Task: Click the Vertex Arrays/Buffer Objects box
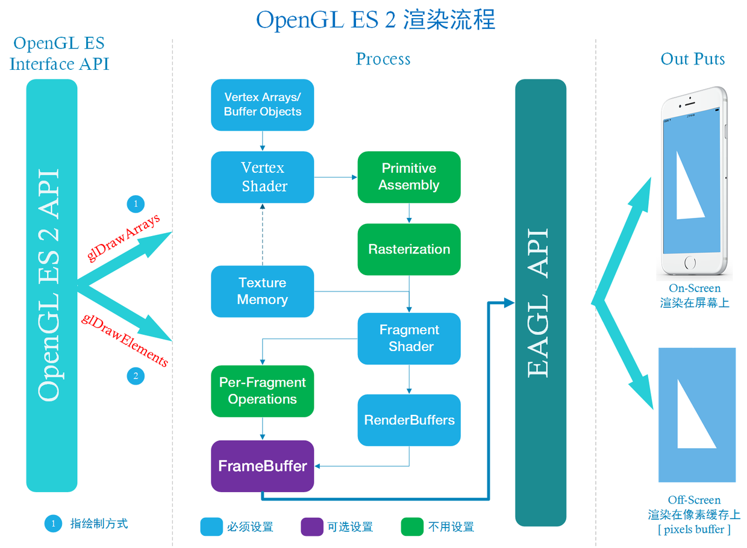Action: pyautogui.click(x=262, y=105)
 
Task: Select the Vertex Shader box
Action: pyautogui.click(x=262, y=177)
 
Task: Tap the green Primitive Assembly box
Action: pyautogui.click(x=409, y=177)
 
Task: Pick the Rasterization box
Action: pyautogui.click(x=409, y=249)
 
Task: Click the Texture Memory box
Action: pyautogui.click(x=262, y=291)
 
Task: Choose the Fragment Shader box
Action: pyautogui.click(x=409, y=338)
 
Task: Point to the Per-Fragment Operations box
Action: pyautogui.click(x=262, y=391)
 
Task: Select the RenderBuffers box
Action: pyautogui.click(x=409, y=420)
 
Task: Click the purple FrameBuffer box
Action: pyautogui.click(x=262, y=466)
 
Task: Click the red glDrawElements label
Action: pyautogui.click(x=124, y=340)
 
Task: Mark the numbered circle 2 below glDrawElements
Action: pyautogui.click(x=136, y=376)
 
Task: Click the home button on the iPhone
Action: pyautogui.click(x=690, y=263)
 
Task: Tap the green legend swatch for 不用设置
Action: pyautogui.click(x=412, y=527)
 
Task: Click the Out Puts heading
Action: pyautogui.click(x=692, y=59)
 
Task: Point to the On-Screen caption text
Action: pyautogui.click(x=694, y=288)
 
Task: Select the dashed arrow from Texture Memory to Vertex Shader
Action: pyautogui.click(x=262, y=234)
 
